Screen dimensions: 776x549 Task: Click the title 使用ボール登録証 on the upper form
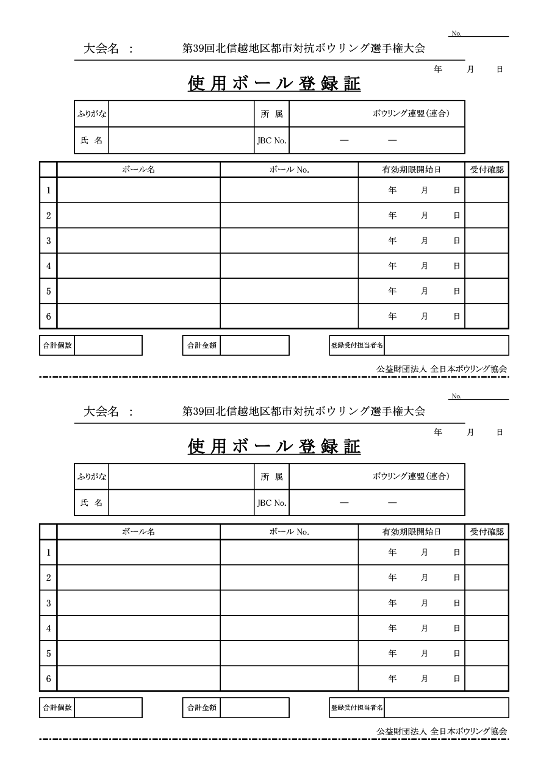[274, 84]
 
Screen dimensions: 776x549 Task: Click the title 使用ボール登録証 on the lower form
[274, 447]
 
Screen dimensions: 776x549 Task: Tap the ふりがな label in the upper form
[91, 114]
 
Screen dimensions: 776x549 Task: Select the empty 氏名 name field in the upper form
[181, 140]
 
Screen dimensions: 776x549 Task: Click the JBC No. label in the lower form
[271, 503]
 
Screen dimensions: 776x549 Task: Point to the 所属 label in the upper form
[271, 114]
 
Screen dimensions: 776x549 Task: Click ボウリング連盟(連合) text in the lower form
[411, 476]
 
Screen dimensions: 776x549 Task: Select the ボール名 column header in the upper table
[138, 170]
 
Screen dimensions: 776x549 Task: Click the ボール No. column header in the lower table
[289, 532]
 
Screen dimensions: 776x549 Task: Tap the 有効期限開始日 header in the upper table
[411, 170]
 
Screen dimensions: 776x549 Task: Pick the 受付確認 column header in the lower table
[487, 532]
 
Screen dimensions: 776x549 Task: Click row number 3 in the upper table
[48, 241]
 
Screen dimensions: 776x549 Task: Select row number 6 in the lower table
[48, 678]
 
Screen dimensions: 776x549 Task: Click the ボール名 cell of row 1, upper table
[138, 190]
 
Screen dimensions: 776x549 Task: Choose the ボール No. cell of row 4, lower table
[289, 628]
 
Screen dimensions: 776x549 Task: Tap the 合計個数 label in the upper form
[57, 345]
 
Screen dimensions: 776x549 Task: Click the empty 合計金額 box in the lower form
[254, 708]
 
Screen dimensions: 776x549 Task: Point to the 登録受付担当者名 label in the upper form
[357, 345]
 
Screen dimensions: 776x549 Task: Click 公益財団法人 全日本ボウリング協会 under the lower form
[442, 731]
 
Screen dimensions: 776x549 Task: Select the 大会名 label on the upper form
[101, 49]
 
